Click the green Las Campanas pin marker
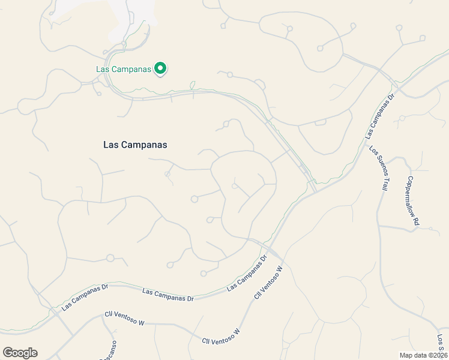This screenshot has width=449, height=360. (160, 69)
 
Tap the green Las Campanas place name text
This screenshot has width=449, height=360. (123, 69)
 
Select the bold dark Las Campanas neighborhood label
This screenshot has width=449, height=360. (135, 145)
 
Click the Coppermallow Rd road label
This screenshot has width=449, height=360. (412, 200)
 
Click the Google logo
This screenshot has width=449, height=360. (20, 353)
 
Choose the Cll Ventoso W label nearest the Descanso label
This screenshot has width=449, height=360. (125, 317)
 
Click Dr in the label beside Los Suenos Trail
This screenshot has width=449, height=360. (391, 96)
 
